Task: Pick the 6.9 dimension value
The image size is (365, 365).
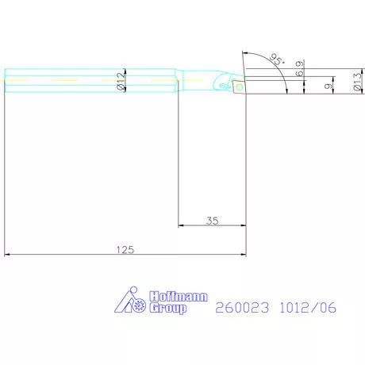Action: pyautogui.click(x=298, y=68)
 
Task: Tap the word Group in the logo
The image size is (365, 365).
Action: pyautogui.click(x=167, y=308)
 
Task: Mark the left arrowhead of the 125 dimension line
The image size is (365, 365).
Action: pyautogui.click(x=9, y=255)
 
